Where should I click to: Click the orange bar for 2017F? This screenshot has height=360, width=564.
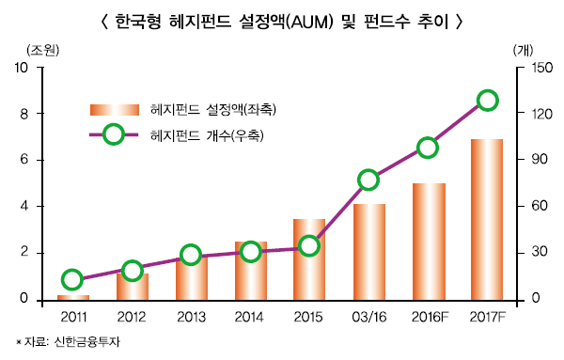click(x=486, y=219)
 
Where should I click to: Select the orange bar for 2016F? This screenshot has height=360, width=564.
click(x=429, y=242)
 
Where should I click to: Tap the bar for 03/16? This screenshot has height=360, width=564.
click(x=369, y=252)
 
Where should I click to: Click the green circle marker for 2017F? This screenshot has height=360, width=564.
click(x=487, y=101)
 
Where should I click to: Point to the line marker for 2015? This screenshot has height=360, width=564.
click(x=309, y=245)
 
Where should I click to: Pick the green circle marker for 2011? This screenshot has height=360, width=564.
click(x=72, y=279)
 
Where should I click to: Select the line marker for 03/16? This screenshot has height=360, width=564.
click(x=368, y=180)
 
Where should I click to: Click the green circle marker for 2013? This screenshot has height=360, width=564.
click(x=191, y=255)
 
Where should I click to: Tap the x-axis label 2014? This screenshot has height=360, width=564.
click(x=250, y=316)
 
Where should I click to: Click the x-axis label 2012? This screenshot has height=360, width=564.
click(x=132, y=316)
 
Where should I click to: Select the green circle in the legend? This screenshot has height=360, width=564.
click(x=113, y=134)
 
